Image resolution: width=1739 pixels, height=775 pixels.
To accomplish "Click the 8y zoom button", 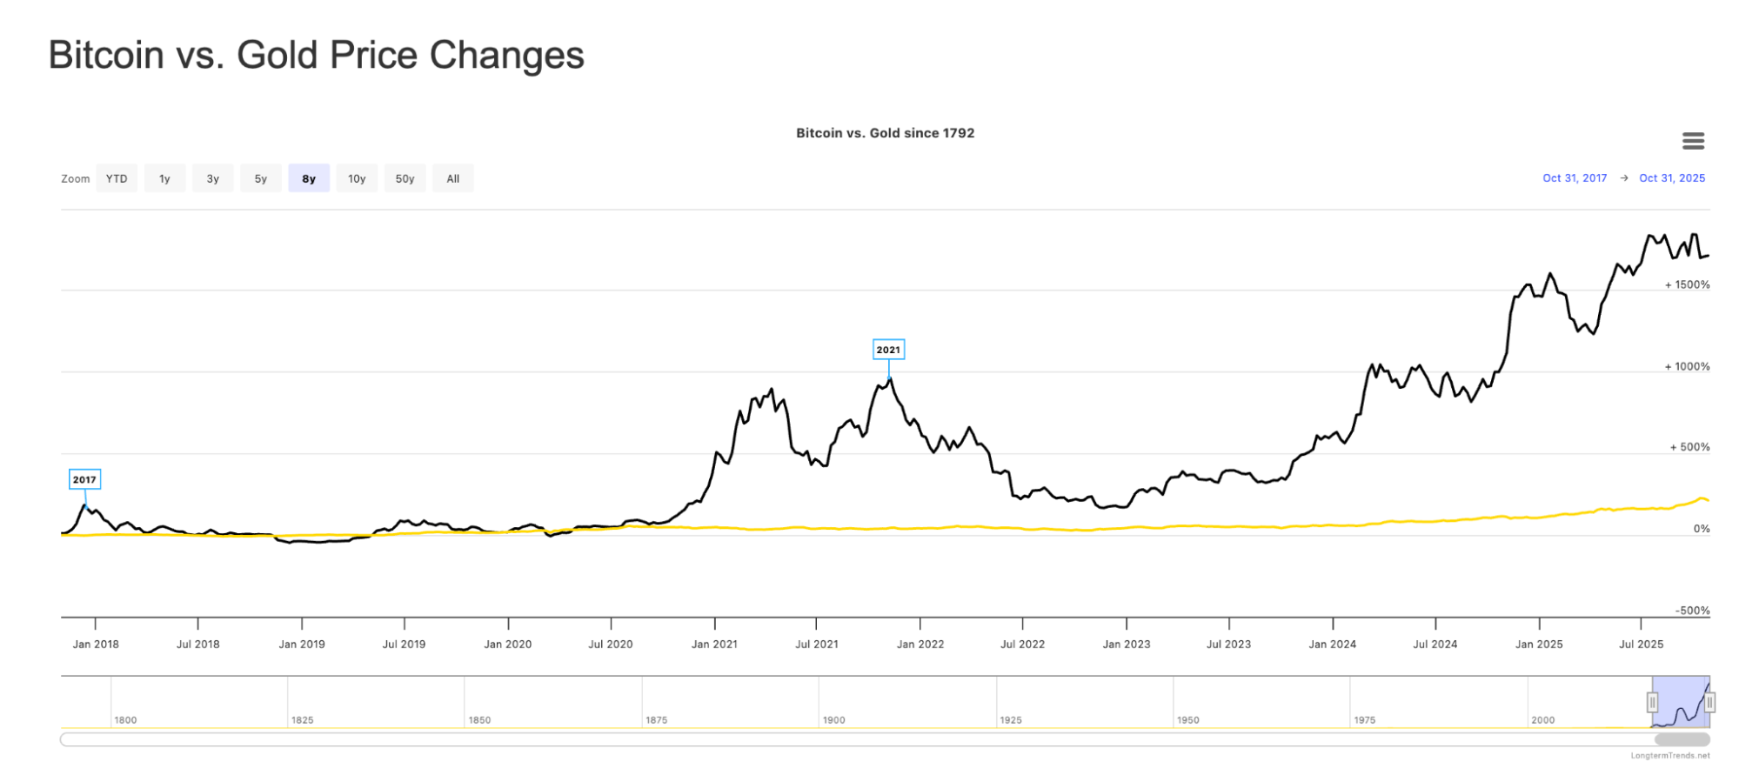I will (x=309, y=178).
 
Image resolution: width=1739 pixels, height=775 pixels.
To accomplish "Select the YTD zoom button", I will (x=117, y=178).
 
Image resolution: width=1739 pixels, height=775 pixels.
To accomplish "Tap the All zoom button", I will (x=453, y=178).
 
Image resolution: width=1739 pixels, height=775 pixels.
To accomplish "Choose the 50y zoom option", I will (x=405, y=178).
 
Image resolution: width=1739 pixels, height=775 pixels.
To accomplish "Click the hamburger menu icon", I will (x=1693, y=141).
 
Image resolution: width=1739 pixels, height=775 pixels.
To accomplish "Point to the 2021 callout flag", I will (x=888, y=350).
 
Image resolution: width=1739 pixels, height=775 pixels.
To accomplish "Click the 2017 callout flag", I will (x=84, y=479).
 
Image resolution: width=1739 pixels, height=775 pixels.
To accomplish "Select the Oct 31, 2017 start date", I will (x=1575, y=178).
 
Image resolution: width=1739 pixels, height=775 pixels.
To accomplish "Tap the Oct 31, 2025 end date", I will (x=1672, y=178).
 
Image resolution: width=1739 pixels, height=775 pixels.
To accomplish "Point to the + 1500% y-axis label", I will (x=1687, y=284).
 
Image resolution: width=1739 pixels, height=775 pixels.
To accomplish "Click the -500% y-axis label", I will (x=1692, y=611).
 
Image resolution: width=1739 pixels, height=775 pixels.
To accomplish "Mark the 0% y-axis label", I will (x=1702, y=529).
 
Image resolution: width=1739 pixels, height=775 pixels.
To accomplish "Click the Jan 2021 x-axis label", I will (x=714, y=645).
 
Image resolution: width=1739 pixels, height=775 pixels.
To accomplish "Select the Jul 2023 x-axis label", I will (x=1228, y=645).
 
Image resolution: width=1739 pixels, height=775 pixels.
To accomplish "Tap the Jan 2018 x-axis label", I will (x=96, y=645).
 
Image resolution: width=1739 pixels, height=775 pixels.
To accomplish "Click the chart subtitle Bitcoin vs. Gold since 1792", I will (x=885, y=133).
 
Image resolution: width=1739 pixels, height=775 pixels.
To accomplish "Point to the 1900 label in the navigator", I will (x=833, y=720).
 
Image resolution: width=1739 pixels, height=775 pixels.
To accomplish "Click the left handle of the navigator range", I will (x=1652, y=702).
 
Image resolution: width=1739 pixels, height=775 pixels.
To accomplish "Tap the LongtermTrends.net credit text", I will (x=1669, y=756).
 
